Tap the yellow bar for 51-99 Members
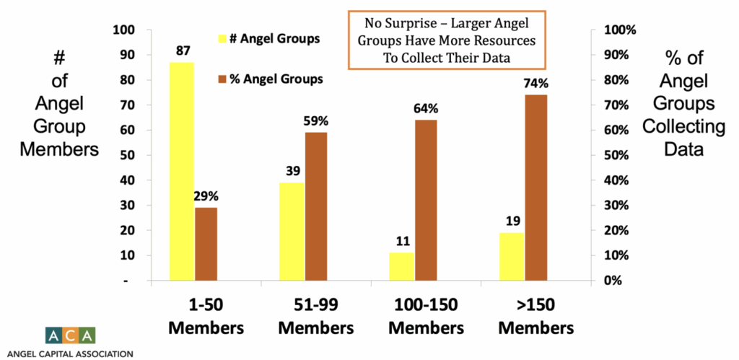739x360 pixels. point(292,231)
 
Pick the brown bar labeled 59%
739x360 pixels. point(316,206)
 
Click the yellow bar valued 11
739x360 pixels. point(402,266)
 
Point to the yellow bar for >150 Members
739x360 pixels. point(512,256)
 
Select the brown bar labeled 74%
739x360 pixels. point(536,187)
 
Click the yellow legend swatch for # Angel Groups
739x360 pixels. point(222,38)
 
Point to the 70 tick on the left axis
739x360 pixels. point(128,105)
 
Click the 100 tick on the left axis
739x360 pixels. point(126,30)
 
